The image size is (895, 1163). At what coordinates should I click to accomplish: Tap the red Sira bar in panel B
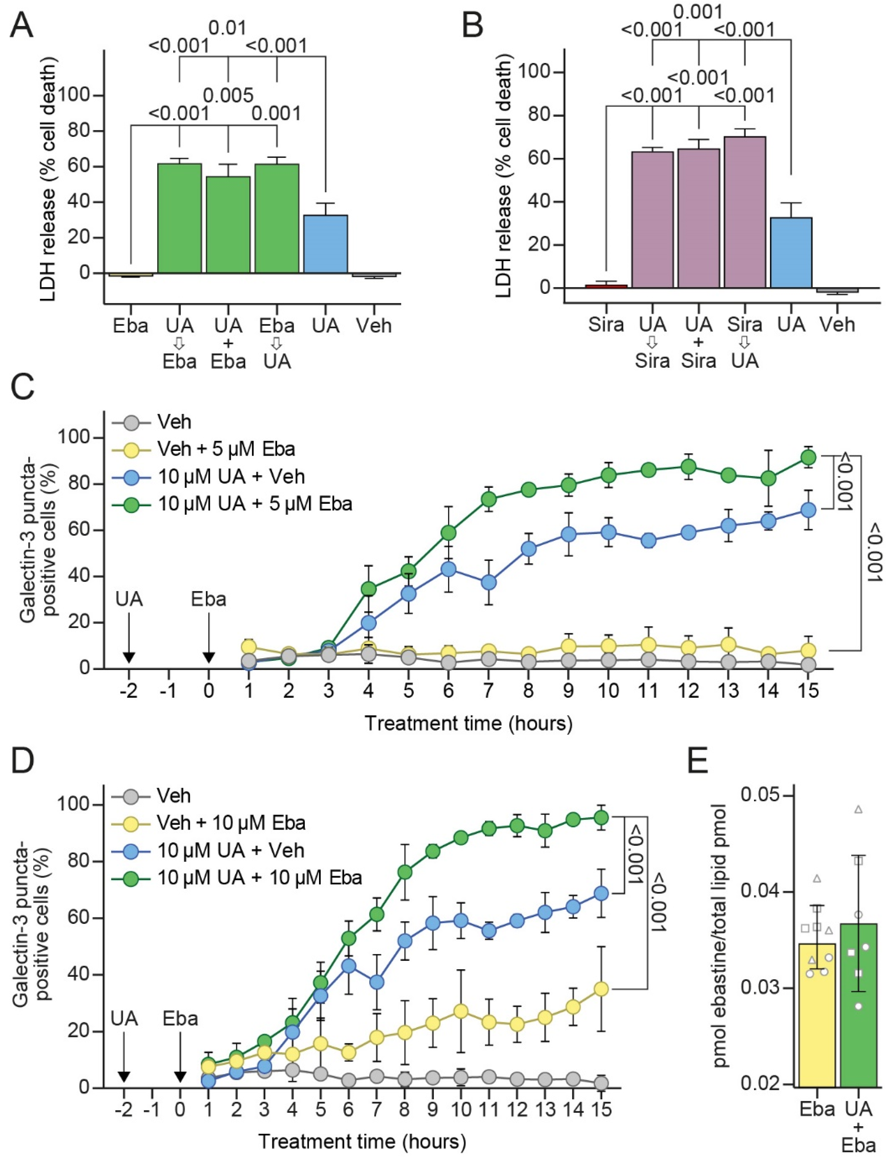(x=606, y=286)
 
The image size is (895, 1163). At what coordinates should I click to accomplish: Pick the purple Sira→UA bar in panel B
(x=744, y=213)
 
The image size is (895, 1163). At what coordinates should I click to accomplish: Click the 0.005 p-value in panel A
(x=228, y=95)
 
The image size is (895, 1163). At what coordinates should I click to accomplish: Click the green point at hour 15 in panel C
(x=808, y=457)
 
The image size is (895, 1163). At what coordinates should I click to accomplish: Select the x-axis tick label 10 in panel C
(x=608, y=691)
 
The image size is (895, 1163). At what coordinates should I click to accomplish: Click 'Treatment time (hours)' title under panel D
(x=362, y=1141)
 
